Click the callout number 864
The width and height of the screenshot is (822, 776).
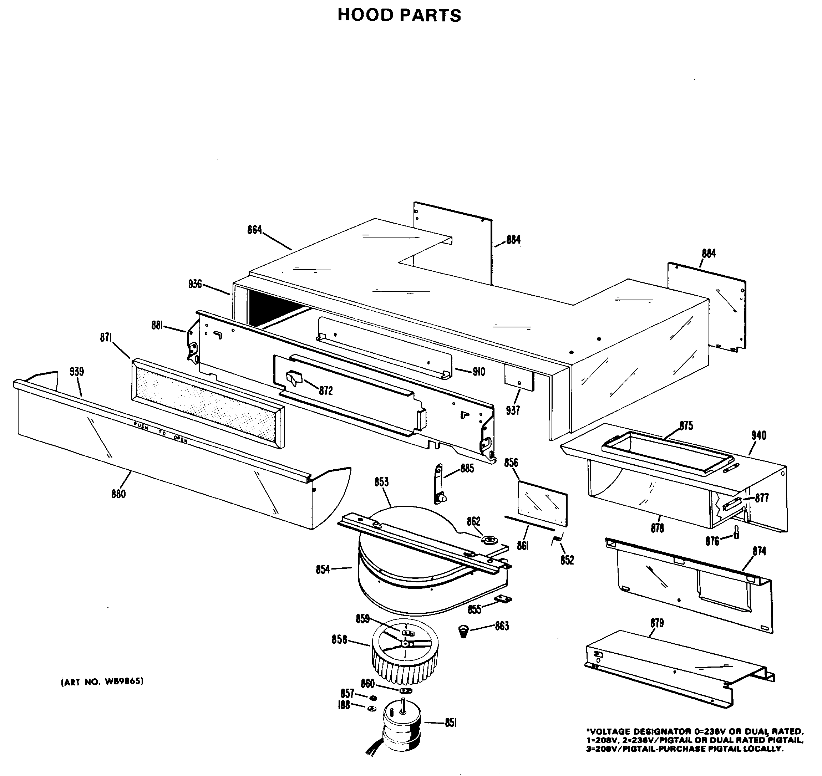coord(254,230)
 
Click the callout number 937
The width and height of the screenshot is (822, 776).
coord(512,410)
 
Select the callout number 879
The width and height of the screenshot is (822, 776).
coord(657,623)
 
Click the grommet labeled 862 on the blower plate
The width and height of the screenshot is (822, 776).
coord(489,540)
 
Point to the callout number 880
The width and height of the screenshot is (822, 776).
coord(118,494)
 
